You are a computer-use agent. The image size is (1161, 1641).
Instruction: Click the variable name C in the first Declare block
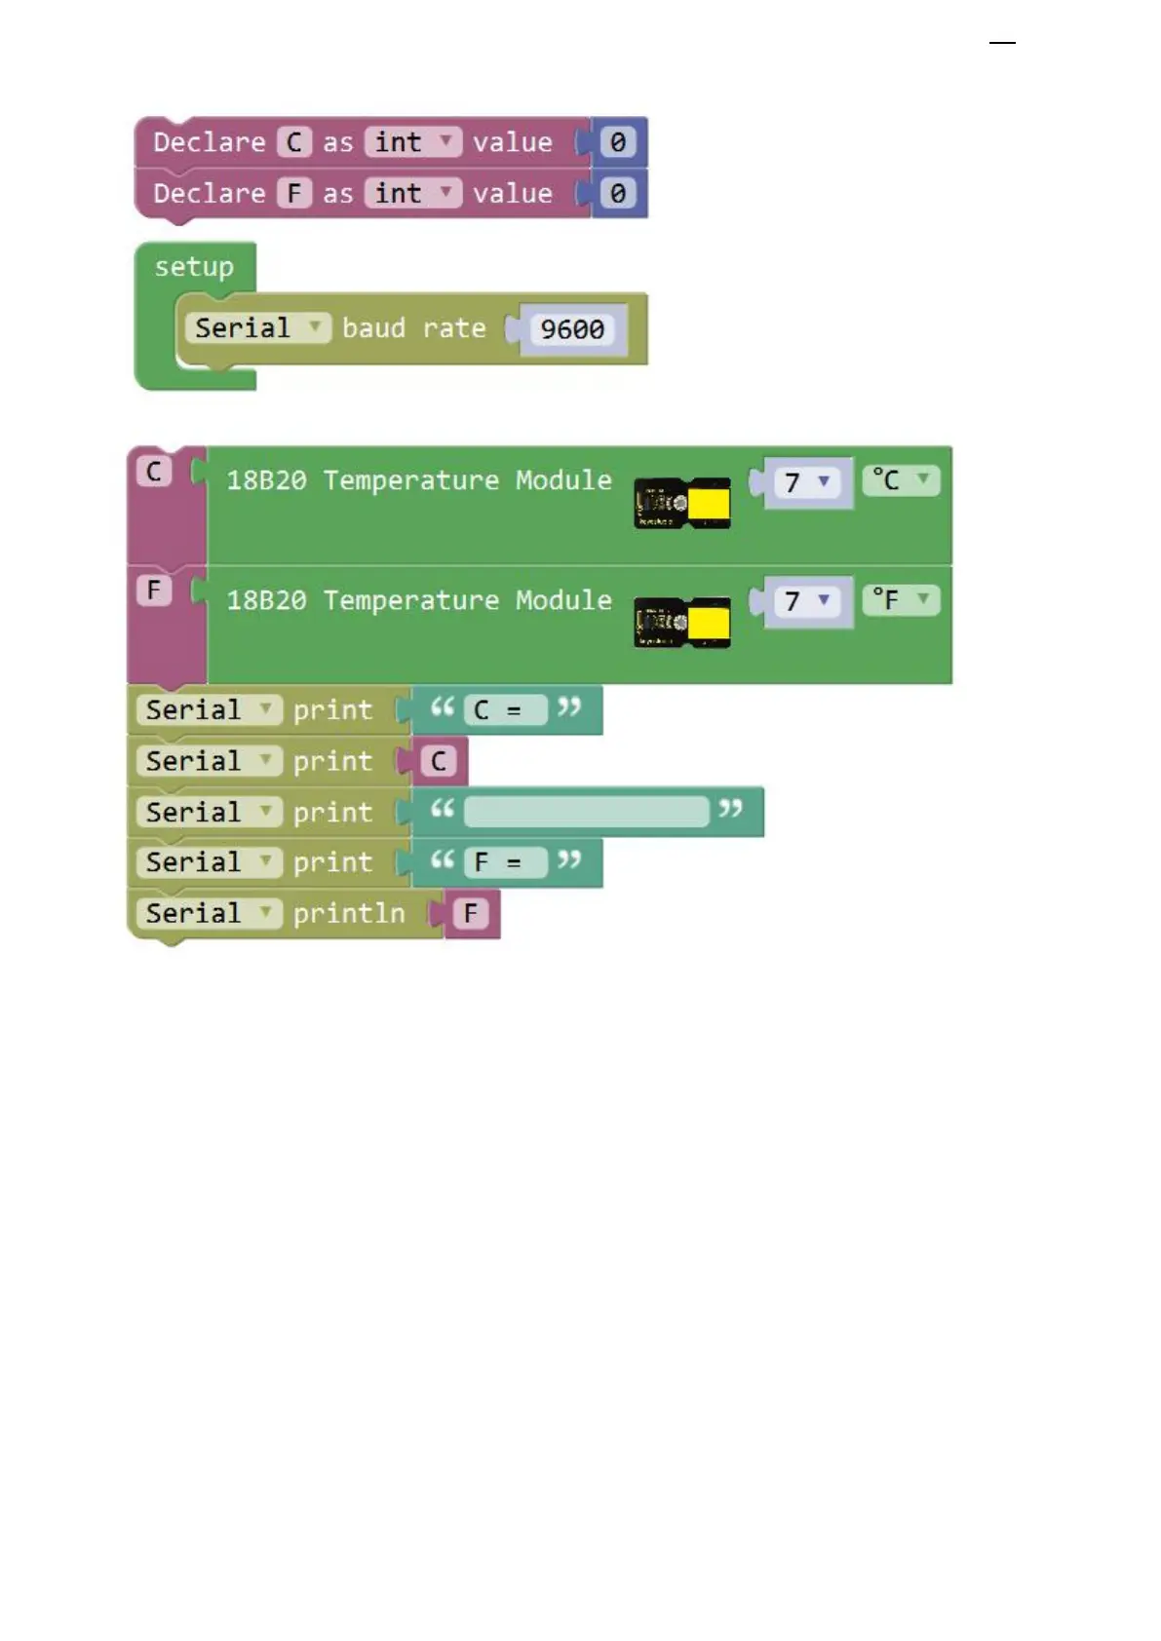pos(294,142)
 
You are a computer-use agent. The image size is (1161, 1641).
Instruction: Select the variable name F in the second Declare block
pos(294,193)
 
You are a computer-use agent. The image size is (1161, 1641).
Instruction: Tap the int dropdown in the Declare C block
pos(412,142)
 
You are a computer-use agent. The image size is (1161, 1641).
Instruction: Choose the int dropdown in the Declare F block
pos(412,193)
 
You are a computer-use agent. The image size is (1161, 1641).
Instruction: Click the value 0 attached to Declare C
pos(618,142)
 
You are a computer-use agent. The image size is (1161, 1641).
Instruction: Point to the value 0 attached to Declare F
pos(618,193)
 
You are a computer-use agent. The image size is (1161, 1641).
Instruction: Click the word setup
pos(194,267)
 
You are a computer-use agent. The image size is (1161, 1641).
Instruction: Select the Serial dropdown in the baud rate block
pos(257,328)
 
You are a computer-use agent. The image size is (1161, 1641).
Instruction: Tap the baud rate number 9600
pos(572,329)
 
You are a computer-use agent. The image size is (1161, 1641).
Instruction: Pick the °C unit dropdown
pos(901,479)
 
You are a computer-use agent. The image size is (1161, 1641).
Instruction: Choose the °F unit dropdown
pos(901,599)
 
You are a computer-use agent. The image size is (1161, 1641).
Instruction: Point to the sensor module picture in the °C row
pos(681,503)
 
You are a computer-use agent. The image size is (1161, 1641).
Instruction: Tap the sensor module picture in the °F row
pos(681,622)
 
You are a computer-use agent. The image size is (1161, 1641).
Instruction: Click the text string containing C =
pos(505,710)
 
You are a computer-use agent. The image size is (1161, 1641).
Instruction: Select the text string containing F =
pos(505,862)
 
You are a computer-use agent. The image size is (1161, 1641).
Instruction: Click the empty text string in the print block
pos(586,812)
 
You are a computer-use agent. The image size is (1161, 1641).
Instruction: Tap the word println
pos(349,914)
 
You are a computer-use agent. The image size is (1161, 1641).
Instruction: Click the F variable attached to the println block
pos(471,914)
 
